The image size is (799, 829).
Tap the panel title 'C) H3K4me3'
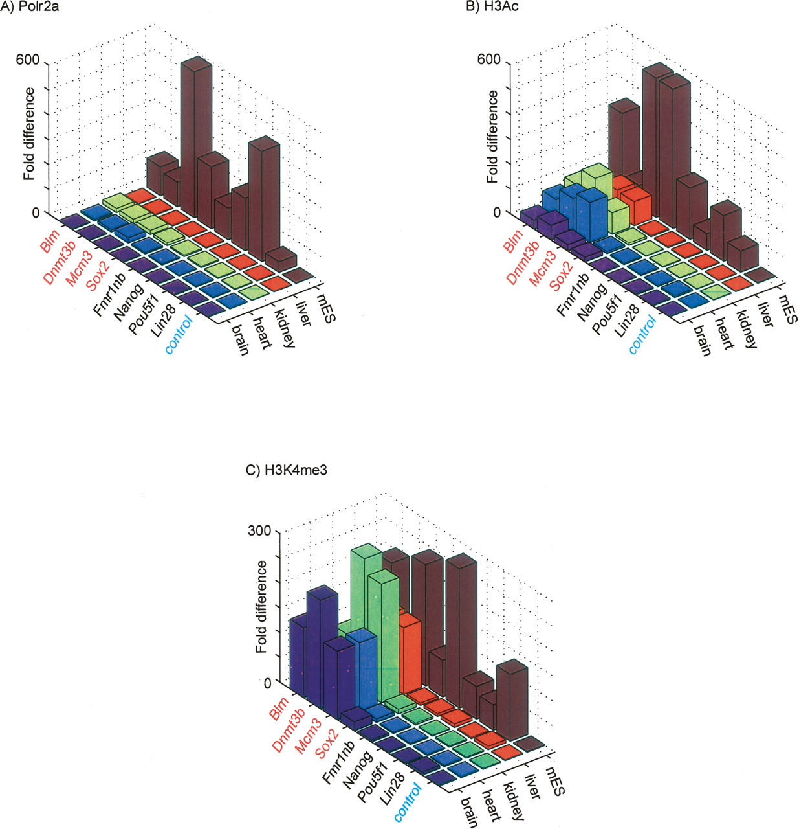(287, 471)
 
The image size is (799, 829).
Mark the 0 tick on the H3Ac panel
(498, 212)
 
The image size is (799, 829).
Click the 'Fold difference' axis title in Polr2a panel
(29, 133)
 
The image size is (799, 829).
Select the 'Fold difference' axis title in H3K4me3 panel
(261, 606)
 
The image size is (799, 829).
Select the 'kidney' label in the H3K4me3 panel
(514, 803)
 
